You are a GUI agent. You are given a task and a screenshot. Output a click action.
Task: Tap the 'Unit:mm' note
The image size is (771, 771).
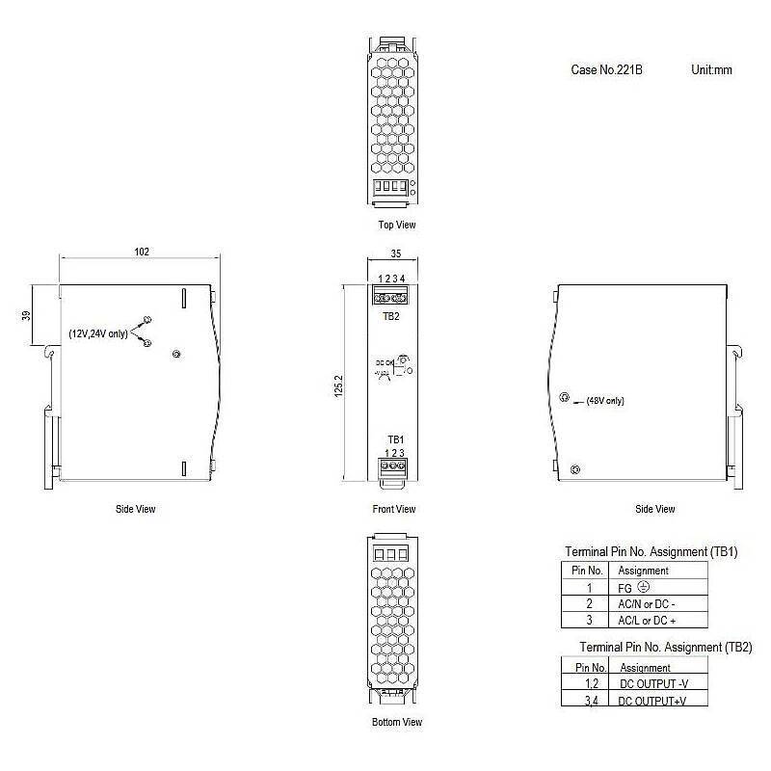pyautogui.click(x=712, y=70)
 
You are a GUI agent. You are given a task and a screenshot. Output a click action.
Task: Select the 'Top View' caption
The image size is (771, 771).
pyautogui.click(x=397, y=225)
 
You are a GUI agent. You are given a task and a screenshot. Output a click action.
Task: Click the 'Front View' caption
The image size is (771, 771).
pyautogui.click(x=393, y=509)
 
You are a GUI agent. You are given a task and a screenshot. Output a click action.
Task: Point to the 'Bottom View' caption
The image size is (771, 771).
pyautogui.click(x=397, y=722)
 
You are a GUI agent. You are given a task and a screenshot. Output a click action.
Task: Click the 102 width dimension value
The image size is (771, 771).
pyautogui.click(x=142, y=252)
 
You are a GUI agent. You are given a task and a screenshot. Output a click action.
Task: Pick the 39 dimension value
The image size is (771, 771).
pyautogui.click(x=26, y=315)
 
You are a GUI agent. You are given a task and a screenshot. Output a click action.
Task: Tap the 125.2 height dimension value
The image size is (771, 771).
pyautogui.click(x=339, y=390)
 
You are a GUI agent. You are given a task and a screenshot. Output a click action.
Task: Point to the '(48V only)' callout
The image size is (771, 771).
pyautogui.click(x=605, y=401)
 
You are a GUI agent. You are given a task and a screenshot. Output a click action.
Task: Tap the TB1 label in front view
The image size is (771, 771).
pyautogui.click(x=395, y=439)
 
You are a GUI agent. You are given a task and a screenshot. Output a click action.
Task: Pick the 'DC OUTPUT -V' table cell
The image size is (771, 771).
pyautogui.click(x=653, y=684)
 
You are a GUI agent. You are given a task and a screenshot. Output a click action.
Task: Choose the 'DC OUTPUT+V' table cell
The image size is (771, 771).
pyautogui.click(x=653, y=702)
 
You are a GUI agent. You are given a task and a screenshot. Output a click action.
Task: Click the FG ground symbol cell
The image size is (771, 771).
pyautogui.click(x=634, y=587)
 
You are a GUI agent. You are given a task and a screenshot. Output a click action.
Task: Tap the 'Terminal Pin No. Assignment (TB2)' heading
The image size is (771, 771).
pyautogui.click(x=665, y=647)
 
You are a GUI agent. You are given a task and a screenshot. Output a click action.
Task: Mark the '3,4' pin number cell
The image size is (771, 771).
pyautogui.click(x=590, y=702)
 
